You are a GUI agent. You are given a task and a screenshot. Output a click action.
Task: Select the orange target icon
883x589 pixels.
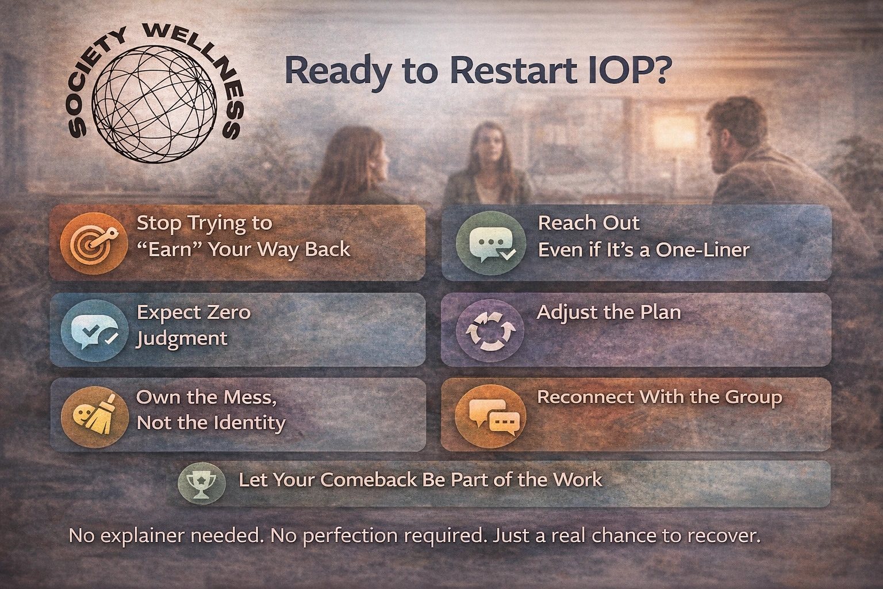[x=94, y=242]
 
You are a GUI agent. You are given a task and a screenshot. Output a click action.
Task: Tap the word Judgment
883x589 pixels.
[x=182, y=338]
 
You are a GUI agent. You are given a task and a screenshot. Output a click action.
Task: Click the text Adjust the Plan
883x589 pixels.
[x=609, y=312]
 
